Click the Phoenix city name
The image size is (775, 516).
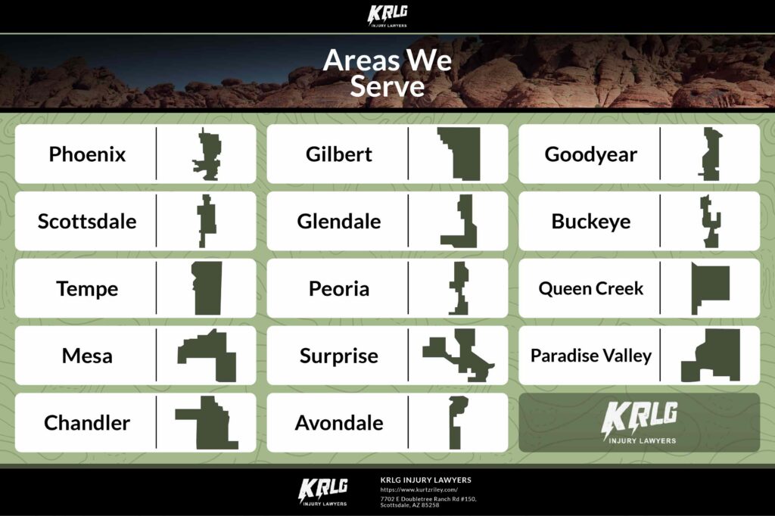coord(87,154)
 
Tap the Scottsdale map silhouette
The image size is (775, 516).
coord(207,221)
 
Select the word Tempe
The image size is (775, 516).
coord(87,289)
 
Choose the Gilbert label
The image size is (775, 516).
coord(338,154)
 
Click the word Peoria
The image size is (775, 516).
coord(338,289)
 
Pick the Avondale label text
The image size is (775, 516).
coord(338,423)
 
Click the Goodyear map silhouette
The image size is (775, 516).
coord(711,154)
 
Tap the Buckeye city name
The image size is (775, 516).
coord(590,222)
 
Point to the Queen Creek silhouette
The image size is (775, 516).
coord(710,288)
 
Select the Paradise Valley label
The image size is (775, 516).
coord(590,356)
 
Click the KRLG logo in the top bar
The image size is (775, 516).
coord(387,16)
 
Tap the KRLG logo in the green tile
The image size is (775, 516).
coord(639,421)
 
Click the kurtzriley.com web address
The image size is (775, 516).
coord(419,490)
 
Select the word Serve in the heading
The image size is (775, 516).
coord(387,86)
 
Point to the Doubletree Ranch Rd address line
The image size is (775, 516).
coord(428,499)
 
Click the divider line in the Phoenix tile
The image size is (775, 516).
coord(156,154)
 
